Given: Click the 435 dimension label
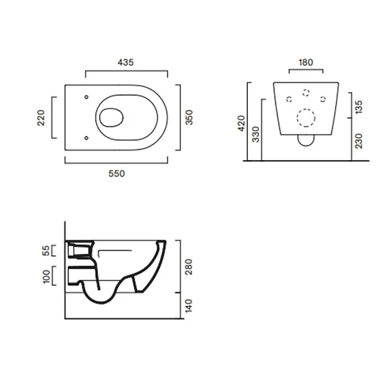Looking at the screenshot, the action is [x=126, y=62].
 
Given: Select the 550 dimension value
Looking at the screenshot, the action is [x=117, y=173].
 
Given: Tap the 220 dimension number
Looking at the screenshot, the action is [x=41, y=118].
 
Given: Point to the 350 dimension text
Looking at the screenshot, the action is [x=189, y=117].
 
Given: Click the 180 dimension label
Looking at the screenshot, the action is [x=305, y=62].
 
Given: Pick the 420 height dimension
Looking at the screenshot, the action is [x=241, y=123].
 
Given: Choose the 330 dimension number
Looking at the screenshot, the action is [x=256, y=134].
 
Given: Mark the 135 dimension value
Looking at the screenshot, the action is [x=359, y=107].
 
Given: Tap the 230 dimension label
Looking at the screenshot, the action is [x=359, y=141].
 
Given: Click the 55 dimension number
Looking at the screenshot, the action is [x=46, y=251].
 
